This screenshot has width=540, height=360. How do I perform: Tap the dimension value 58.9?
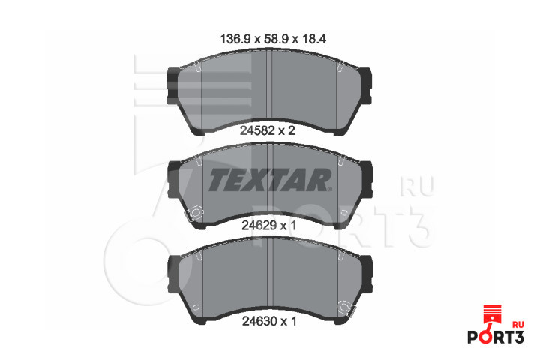coord(276,39)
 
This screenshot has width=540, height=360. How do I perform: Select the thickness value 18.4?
coord(314,39)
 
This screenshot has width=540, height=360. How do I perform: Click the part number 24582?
coord(257,131)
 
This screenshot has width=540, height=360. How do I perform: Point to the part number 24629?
coord(259,226)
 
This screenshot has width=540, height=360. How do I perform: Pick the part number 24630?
coord(259,321)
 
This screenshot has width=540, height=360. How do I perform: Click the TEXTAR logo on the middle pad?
coord(270,180)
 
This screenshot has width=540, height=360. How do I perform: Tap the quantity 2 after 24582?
coord(292,131)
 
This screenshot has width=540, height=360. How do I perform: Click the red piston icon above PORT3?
coord(494,316)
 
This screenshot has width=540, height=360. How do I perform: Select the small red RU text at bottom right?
coord(518,325)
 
